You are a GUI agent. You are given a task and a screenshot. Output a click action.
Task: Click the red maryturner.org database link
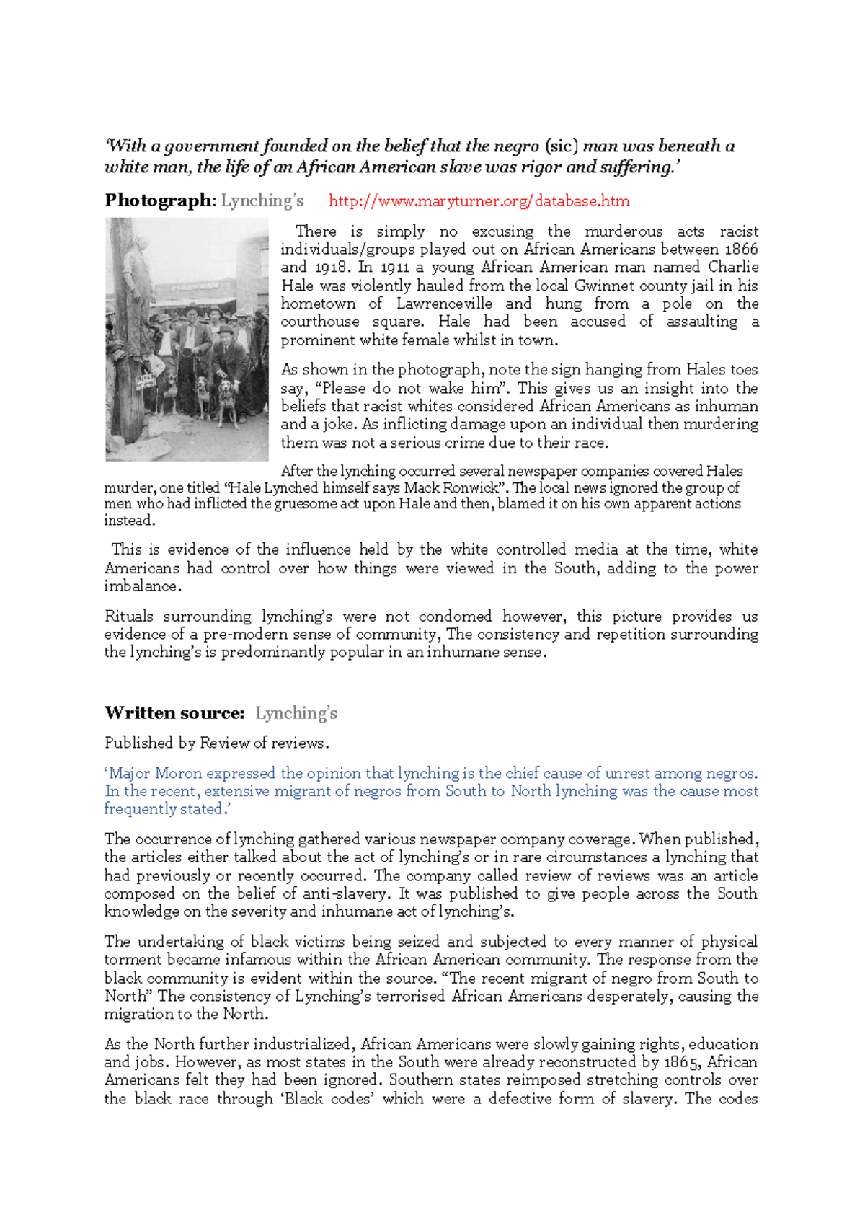[x=479, y=201]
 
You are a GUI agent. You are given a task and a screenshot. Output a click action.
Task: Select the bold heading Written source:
[x=174, y=713]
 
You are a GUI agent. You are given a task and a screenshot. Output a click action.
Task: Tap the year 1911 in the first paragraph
[x=394, y=268]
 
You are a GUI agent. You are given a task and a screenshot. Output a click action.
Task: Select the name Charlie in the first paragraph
[x=732, y=268]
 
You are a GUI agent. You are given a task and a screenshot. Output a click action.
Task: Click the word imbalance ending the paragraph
[x=141, y=586]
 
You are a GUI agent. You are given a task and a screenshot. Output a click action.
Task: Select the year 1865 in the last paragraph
[x=681, y=1062]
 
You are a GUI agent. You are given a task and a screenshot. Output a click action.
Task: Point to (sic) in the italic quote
[x=561, y=146]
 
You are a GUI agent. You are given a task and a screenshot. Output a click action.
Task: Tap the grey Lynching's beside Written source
[x=296, y=713]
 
